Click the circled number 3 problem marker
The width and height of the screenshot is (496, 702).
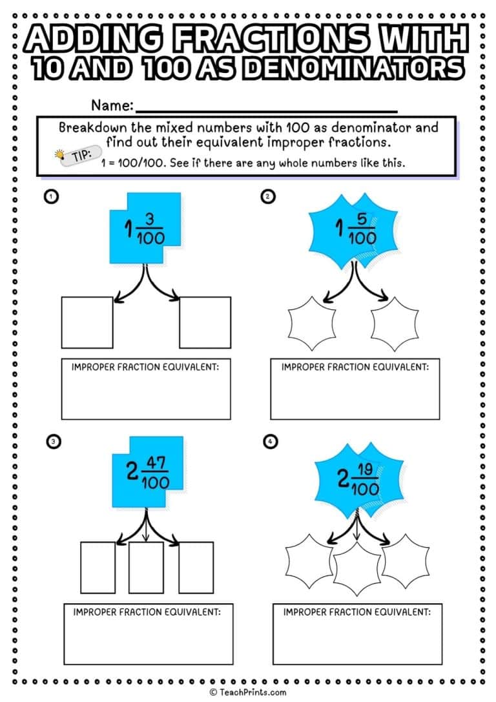tap(53, 441)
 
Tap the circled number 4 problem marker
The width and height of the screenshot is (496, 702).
tap(269, 441)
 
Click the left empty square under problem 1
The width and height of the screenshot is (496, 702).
tap(87, 322)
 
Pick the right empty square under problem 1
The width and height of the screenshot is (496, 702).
tap(205, 322)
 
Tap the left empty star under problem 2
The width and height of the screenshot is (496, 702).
tap(311, 322)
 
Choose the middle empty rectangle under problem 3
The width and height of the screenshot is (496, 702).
tap(146, 566)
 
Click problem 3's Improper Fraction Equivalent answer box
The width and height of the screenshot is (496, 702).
tap(147, 633)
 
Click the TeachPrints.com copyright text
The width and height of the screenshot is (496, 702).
tap(247, 692)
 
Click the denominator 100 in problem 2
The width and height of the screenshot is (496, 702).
tap(362, 239)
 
